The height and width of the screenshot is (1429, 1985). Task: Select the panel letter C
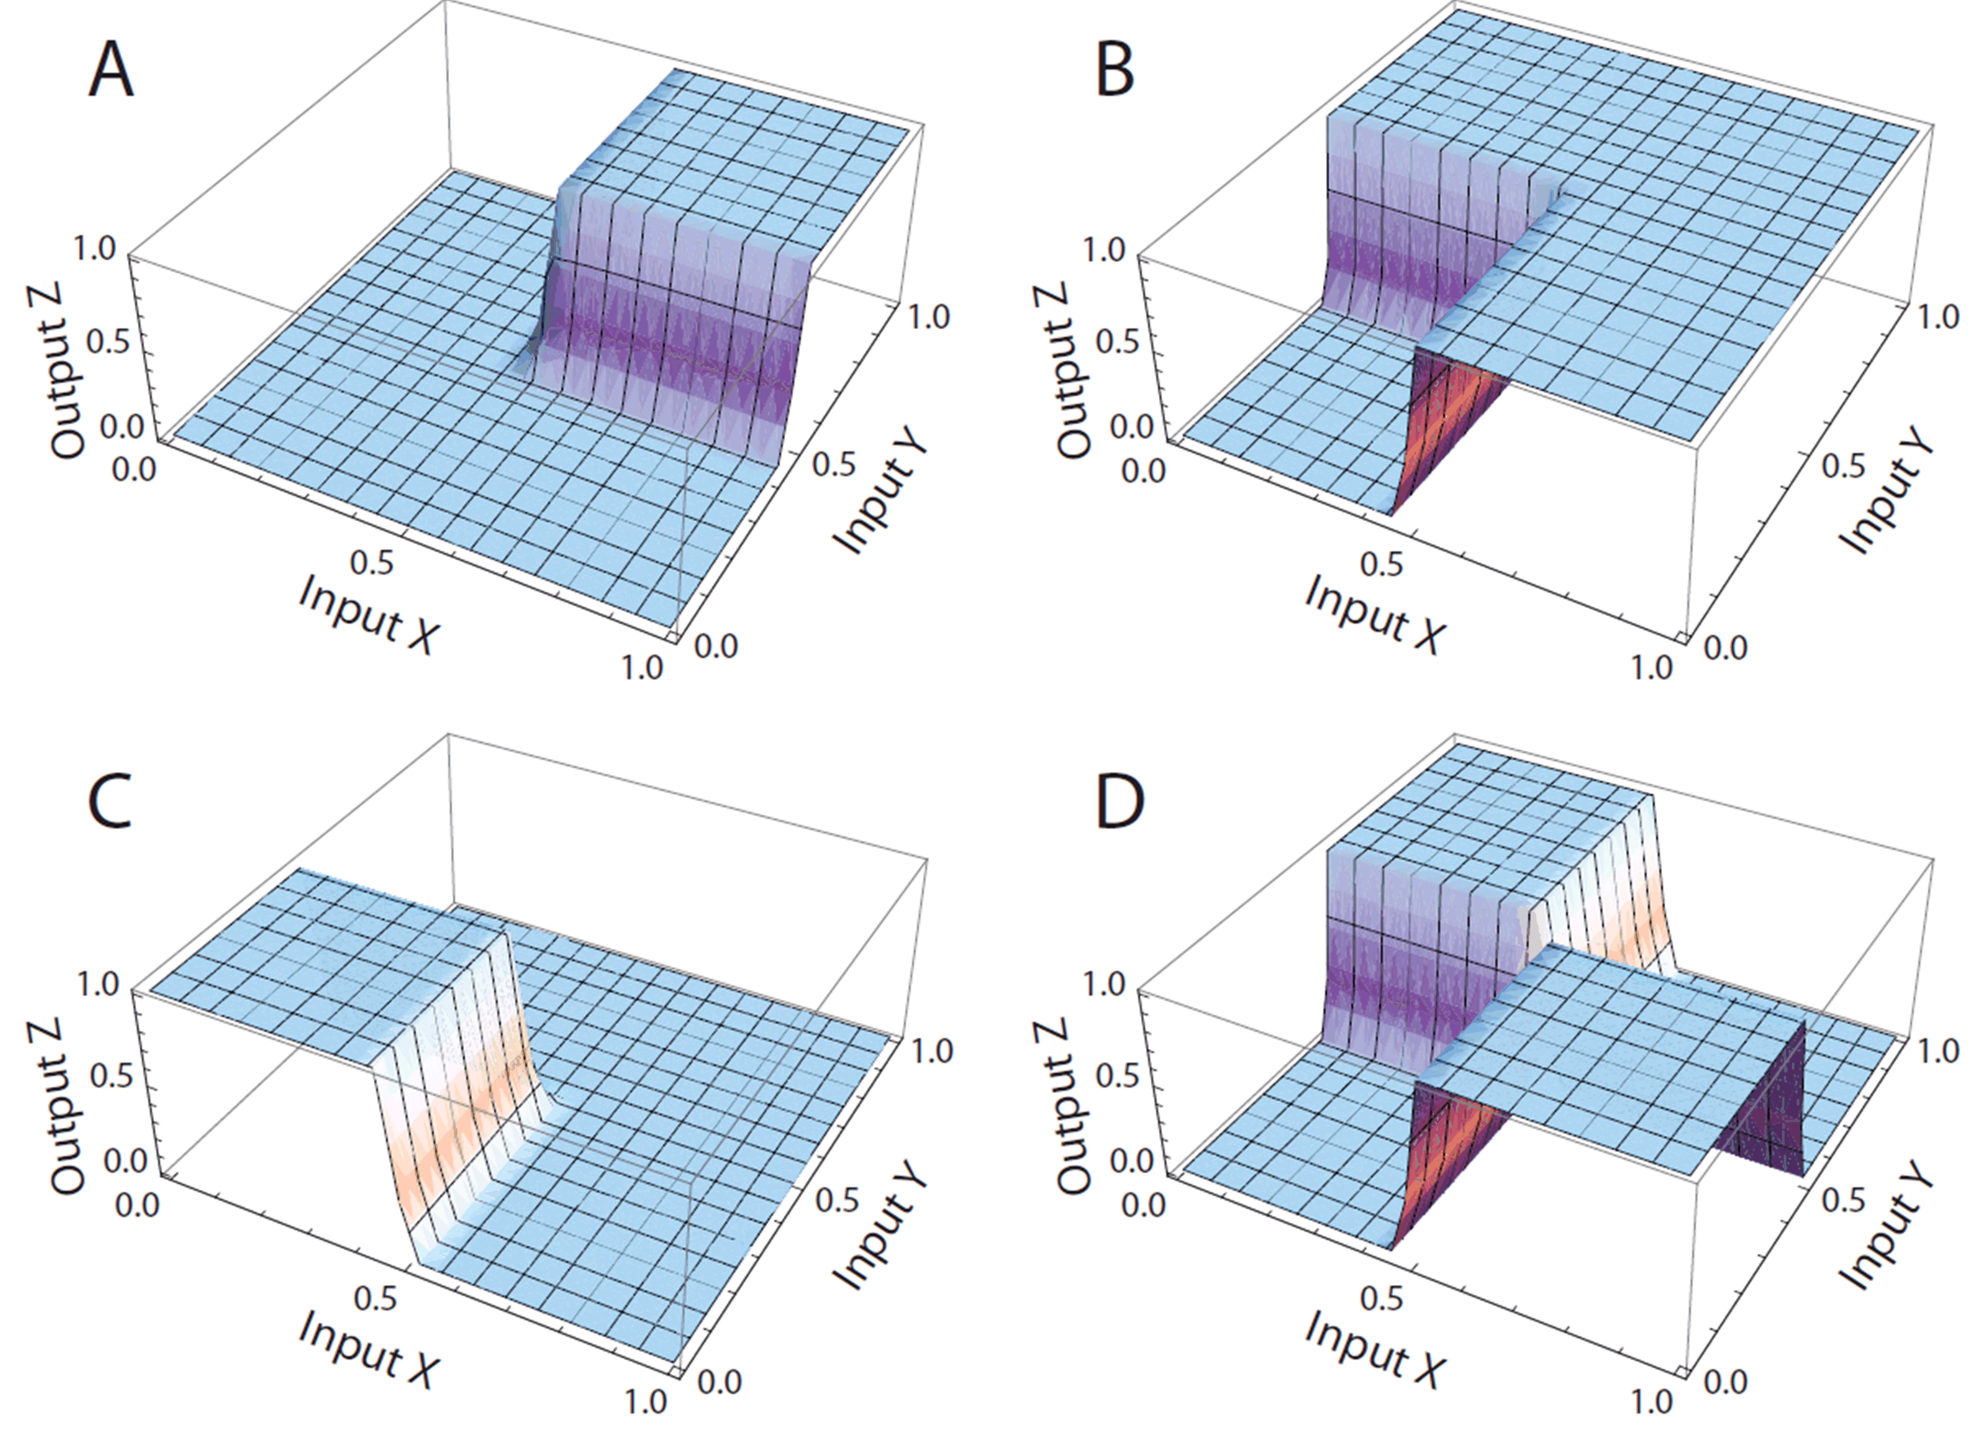coord(111,804)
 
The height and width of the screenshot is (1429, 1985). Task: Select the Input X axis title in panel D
coord(1372,1349)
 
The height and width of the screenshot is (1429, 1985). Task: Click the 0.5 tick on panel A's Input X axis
coord(372,563)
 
